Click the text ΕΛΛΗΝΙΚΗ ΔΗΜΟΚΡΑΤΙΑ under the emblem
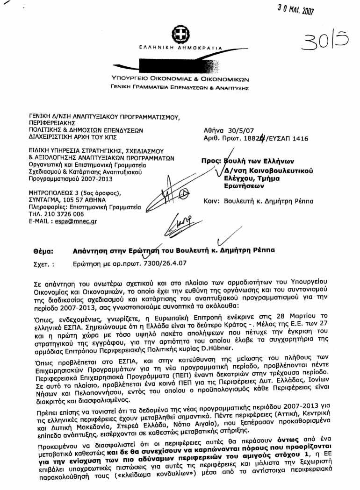pos(180,49)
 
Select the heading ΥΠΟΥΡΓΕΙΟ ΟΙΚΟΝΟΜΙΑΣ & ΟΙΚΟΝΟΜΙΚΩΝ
pos(180,79)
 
